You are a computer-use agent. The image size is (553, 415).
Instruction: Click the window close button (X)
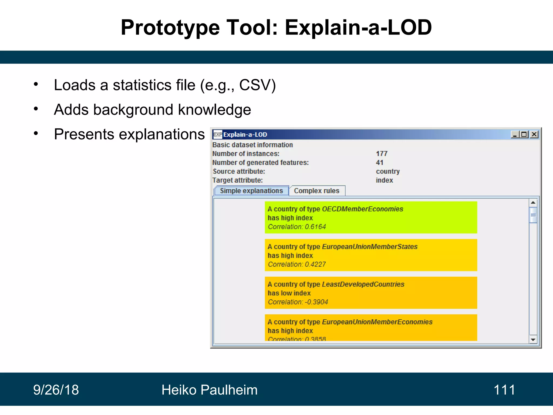tap(534, 134)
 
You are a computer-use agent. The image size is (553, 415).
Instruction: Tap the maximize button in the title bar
tap(524, 134)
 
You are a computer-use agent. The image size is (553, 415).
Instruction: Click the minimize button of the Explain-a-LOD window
tap(515, 134)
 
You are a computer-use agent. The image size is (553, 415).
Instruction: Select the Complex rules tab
tap(316, 191)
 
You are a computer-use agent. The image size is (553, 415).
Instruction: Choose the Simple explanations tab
tap(251, 191)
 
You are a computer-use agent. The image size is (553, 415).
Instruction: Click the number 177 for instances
tap(382, 154)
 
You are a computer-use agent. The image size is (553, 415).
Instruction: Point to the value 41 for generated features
tap(379, 163)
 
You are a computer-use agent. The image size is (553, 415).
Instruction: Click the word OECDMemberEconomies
tap(362, 209)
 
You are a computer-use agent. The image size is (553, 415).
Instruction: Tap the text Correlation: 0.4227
tap(296, 264)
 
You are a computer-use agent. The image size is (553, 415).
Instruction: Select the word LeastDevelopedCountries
tap(363, 284)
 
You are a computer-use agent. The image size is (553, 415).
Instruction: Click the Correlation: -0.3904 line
tap(298, 302)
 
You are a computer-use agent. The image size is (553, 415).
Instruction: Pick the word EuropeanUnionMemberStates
tap(369, 247)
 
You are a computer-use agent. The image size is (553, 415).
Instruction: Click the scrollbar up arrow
tap(533, 202)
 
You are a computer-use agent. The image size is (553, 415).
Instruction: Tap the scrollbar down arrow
tap(533, 340)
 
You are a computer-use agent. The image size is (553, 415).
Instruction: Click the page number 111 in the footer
tap(504, 390)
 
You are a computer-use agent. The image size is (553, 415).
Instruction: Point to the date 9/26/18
tap(56, 390)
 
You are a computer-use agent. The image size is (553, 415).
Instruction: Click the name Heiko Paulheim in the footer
tap(209, 390)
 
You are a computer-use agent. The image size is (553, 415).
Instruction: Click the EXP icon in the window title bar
tap(217, 134)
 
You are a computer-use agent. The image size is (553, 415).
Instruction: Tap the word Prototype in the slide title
tap(170, 28)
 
